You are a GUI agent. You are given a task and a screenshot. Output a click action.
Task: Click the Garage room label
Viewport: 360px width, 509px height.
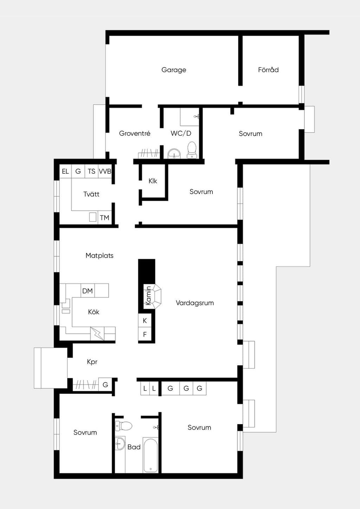[x=174, y=70]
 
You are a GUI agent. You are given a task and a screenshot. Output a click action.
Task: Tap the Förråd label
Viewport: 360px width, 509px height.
[x=268, y=69]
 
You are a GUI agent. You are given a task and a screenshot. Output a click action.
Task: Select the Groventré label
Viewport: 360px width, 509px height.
[x=135, y=133]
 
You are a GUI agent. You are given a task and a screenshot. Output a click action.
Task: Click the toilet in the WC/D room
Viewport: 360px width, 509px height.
[x=192, y=150]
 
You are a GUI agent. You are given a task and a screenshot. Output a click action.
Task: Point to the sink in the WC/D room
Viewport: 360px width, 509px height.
[x=174, y=154]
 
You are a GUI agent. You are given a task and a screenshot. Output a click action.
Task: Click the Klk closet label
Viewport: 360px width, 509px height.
[x=153, y=181]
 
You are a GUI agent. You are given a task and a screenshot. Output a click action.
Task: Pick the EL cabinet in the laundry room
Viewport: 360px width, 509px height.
[x=65, y=171]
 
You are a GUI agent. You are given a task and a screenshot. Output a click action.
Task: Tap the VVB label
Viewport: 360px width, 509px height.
[x=105, y=171]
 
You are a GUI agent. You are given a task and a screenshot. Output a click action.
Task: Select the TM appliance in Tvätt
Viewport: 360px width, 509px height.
[x=105, y=218]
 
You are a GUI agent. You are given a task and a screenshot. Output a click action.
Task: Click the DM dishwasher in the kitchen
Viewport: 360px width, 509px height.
[x=88, y=290]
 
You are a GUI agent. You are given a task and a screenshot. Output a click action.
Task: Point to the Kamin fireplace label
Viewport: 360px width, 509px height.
[x=148, y=296]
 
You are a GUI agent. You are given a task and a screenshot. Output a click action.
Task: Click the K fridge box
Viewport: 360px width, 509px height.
[x=145, y=320]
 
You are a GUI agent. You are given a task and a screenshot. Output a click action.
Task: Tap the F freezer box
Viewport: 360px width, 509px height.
[x=145, y=334]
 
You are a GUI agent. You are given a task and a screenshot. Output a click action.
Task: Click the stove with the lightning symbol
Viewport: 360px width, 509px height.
[x=97, y=334]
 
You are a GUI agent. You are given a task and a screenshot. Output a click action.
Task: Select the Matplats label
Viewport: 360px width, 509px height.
[x=99, y=256]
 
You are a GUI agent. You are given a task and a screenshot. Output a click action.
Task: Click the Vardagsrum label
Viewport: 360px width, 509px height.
[x=195, y=303]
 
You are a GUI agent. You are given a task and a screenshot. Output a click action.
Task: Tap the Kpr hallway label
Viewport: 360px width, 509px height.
[x=92, y=361]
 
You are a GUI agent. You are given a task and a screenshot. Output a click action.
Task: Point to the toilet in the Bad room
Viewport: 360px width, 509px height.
[x=123, y=425]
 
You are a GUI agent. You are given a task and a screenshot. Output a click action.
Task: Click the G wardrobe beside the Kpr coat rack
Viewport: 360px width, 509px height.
[x=105, y=385]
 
